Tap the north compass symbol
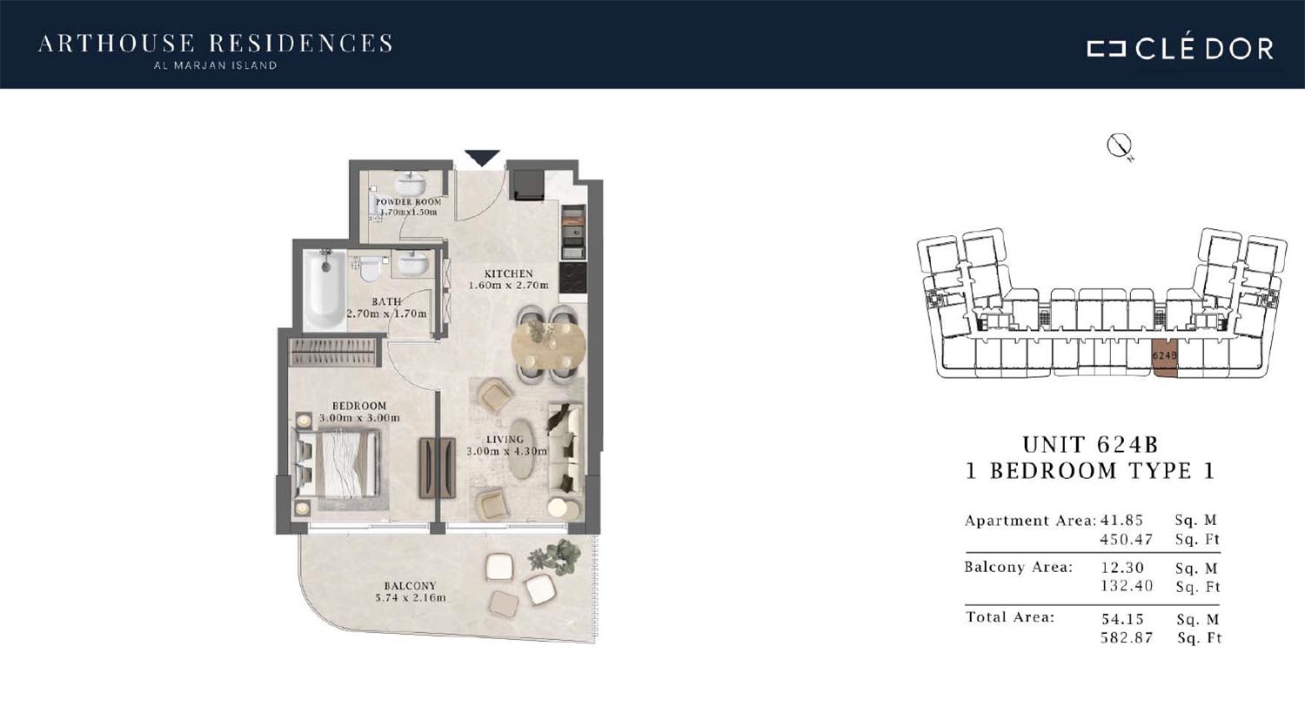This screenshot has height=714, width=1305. click(x=1120, y=146)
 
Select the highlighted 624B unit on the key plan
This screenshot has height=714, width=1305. click(x=1165, y=358)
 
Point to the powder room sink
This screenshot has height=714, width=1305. click(x=410, y=184)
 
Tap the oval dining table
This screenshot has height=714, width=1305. click(x=548, y=345)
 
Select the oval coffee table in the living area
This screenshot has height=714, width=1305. click(x=522, y=448)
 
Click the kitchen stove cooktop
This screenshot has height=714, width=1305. click(x=572, y=278)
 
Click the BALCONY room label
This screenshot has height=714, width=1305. click(x=410, y=586)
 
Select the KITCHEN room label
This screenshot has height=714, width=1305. click(x=509, y=273)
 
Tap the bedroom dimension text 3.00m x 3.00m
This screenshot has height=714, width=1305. click(x=359, y=418)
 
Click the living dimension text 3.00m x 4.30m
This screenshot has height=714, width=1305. click(x=507, y=451)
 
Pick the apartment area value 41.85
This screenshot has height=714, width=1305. click(x=1121, y=520)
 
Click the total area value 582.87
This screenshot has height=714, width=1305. click(x=1127, y=637)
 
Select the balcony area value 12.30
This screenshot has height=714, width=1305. click(x=1122, y=567)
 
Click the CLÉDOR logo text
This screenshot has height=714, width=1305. click(x=1181, y=49)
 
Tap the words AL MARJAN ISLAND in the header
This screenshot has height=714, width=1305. click(x=215, y=65)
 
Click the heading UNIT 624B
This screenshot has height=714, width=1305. click(x=1090, y=445)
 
